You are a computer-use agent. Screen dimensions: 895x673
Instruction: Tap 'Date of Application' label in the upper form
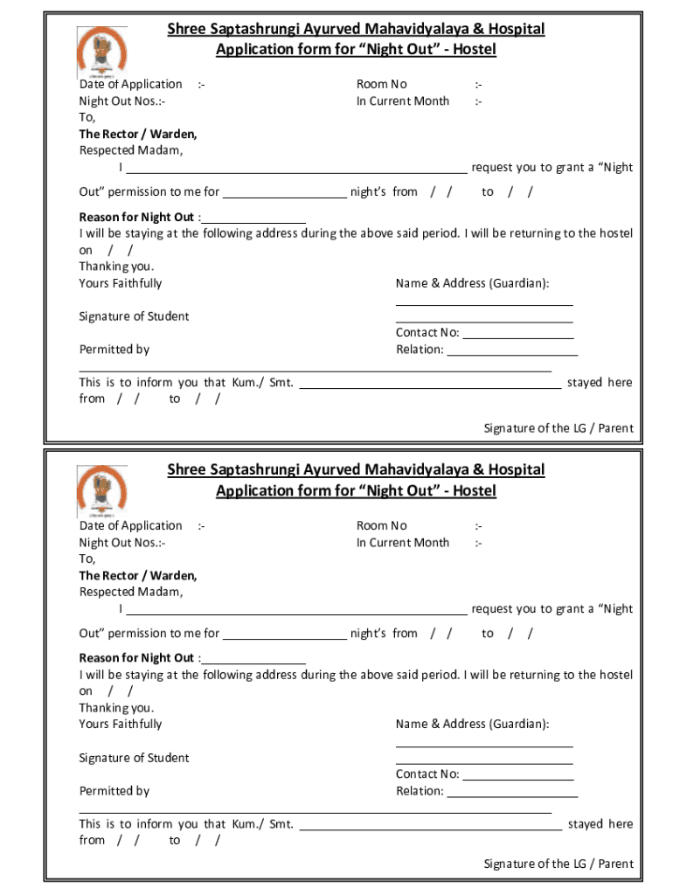[130, 85]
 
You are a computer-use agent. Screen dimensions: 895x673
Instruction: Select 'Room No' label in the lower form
[381, 525]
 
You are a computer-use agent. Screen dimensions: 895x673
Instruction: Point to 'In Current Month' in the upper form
[402, 101]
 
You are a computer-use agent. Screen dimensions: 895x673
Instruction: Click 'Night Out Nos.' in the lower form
[122, 543]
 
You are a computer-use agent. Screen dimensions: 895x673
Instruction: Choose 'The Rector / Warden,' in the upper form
[138, 135]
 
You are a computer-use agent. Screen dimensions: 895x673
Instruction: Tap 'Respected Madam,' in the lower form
[131, 592]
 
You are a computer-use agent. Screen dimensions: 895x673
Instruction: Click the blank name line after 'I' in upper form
[297, 168]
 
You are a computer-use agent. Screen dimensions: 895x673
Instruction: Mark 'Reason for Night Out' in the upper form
[136, 217]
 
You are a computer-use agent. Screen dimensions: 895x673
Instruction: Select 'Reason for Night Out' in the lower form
[136, 658]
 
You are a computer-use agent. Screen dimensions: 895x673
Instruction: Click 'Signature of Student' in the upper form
[134, 316]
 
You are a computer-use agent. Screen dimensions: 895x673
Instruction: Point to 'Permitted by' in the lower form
[114, 791]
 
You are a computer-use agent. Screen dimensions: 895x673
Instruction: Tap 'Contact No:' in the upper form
[427, 332]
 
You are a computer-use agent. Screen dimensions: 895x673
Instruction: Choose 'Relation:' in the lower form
[420, 791]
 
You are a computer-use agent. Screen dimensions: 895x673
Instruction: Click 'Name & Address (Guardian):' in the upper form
[472, 283]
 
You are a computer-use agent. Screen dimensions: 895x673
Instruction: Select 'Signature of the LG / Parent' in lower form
[559, 864]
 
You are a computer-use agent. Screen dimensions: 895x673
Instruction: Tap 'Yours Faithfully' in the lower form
[121, 725]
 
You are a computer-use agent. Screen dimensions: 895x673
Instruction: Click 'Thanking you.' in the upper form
[116, 267]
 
